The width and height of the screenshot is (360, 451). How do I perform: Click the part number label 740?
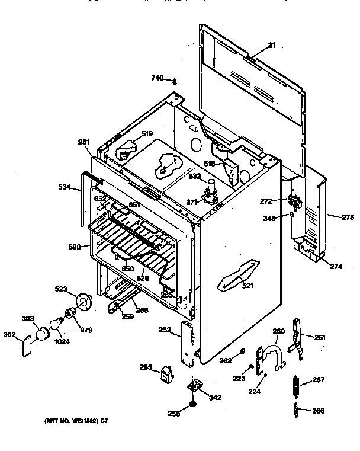pos(156,78)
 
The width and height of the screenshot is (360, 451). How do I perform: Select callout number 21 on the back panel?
pos(272,45)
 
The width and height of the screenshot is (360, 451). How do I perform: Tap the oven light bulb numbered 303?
pos(43,334)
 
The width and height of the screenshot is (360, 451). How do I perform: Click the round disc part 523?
pos(86,302)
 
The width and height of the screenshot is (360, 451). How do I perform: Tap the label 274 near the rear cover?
pos(336,267)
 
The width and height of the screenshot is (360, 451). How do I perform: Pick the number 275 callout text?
pos(347,217)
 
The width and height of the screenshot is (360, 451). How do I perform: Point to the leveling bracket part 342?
pos(194,386)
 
